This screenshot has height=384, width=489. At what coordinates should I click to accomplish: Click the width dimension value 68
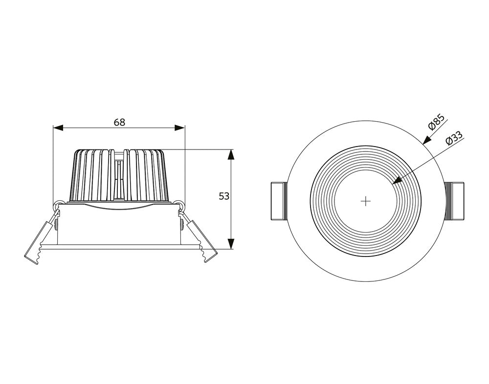(119, 122)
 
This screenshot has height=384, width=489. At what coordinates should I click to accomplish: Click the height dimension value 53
(224, 196)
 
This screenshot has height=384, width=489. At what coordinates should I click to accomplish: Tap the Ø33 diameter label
(454, 138)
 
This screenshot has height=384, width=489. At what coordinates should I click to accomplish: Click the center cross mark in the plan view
(365, 201)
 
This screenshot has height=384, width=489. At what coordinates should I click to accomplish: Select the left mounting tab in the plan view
(278, 201)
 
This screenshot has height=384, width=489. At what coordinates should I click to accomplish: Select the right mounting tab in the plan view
(454, 201)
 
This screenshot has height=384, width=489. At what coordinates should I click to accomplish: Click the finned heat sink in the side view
(93, 176)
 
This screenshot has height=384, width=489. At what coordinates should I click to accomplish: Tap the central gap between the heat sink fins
(119, 176)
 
